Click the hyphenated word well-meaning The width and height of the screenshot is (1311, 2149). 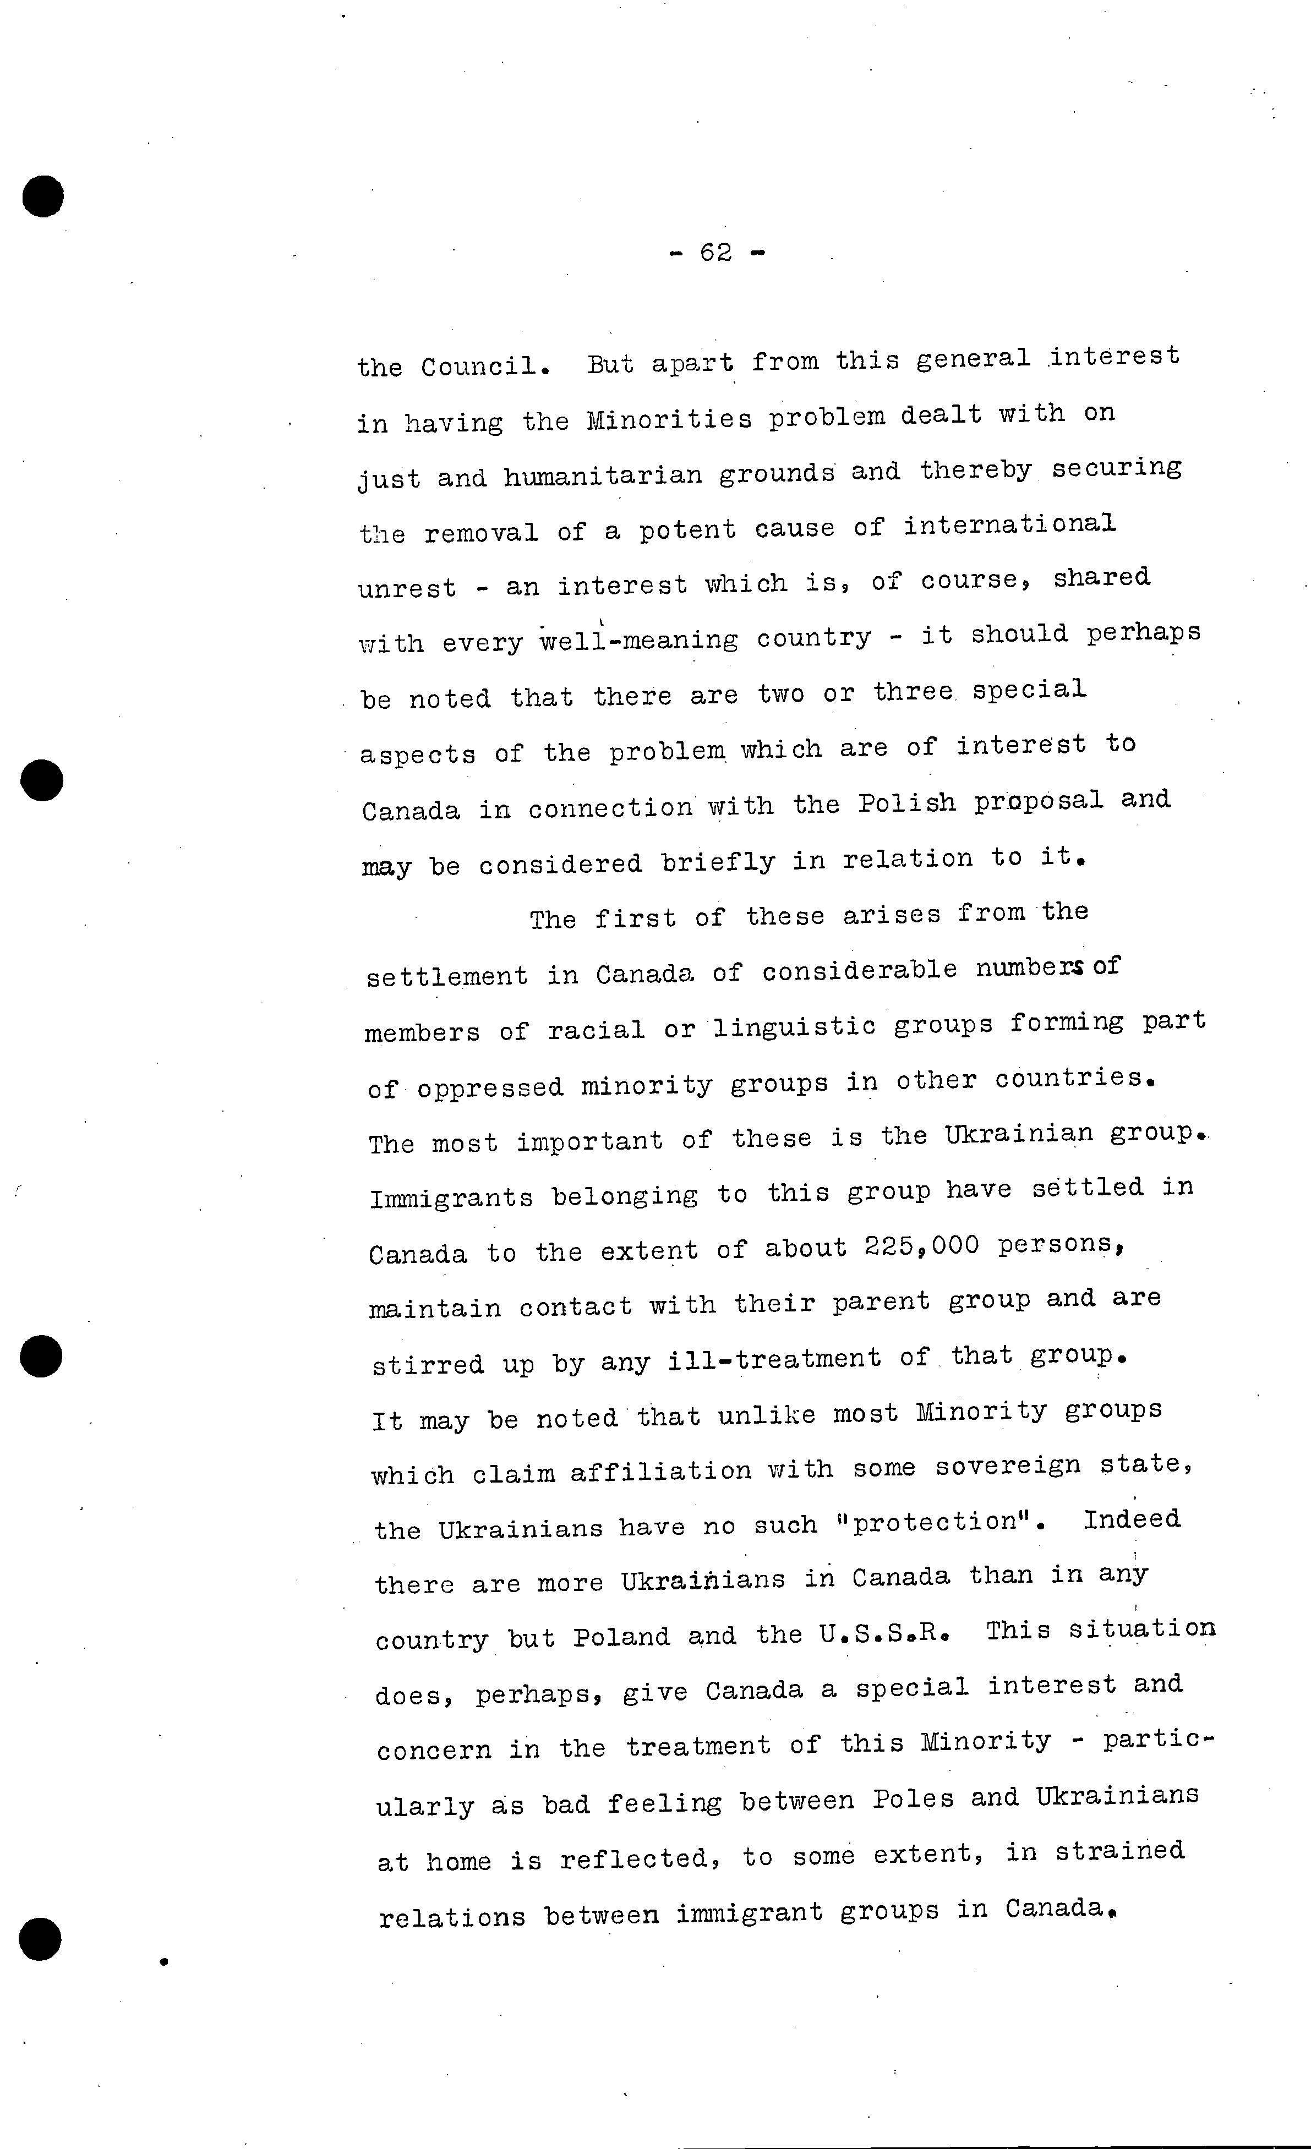638,640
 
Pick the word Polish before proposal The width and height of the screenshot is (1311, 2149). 906,802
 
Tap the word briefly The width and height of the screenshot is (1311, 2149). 717,862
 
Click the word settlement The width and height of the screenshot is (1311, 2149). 446,976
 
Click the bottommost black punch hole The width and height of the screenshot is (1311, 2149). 41,1940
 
